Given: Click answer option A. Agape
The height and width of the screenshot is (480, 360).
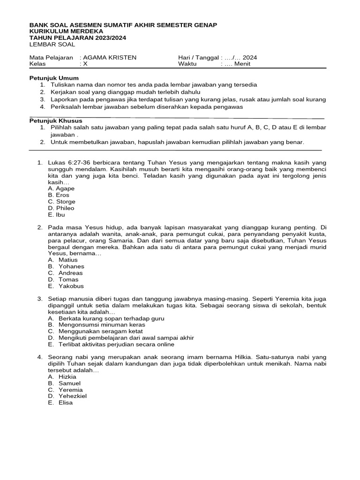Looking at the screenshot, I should [x=61, y=188].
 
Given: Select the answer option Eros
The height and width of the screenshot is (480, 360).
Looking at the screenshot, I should [x=59, y=195].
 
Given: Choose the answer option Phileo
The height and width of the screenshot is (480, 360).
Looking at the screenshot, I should [x=61, y=208].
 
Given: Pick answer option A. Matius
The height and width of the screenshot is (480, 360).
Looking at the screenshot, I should [x=63, y=260].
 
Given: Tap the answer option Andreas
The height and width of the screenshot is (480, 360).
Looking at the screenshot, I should [x=65, y=273].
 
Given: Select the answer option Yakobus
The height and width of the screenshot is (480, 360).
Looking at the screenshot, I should [x=66, y=286].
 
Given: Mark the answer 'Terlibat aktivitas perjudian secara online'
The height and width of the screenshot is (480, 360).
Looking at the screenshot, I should [x=116, y=344].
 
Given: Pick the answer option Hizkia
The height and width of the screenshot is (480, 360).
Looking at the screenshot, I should [x=63, y=376].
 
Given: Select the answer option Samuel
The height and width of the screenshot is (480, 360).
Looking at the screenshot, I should [x=64, y=383].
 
